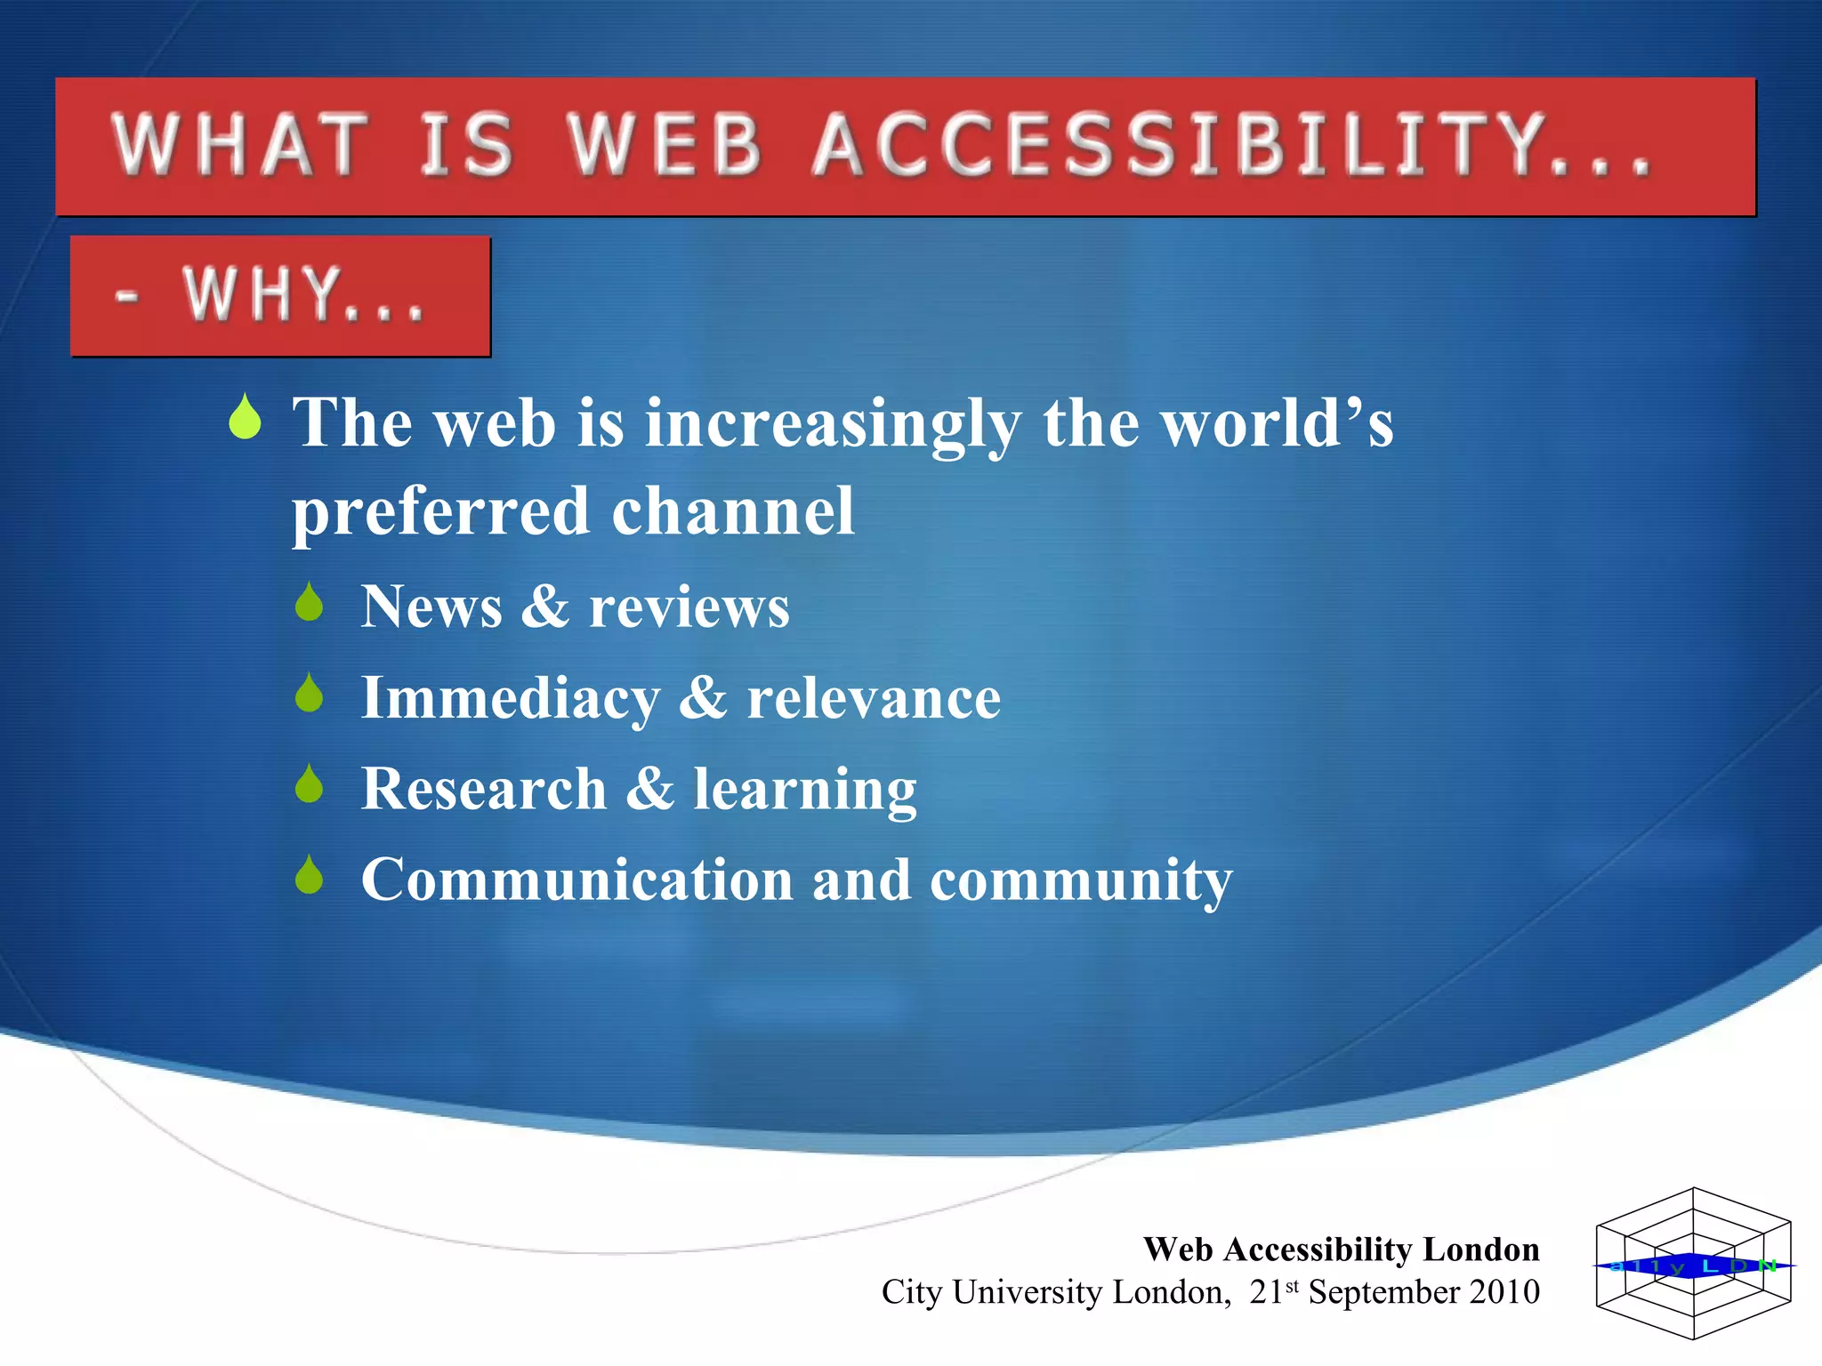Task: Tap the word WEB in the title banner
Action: pyautogui.click(x=665, y=145)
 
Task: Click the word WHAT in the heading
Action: pyautogui.click(x=240, y=145)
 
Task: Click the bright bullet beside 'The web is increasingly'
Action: pyautogui.click(x=245, y=418)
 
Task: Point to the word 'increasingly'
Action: pyautogui.click(x=833, y=425)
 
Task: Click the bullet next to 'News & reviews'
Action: pyautogui.click(x=310, y=603)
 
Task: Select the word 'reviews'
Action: pyautogui.click(x=689, y=608)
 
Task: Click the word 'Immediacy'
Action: pyautogui.click(x=510, y=699)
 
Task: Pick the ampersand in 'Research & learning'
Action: pyautogui.click(x=650, y=789)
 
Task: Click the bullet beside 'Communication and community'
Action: pyautogui.click(x=310, y=875)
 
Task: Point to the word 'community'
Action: pyautogui.click(x=1081, y=882)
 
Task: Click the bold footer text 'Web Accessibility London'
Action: pyautogui.click(x=1341, y=1249)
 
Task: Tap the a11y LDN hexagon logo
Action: pyautogui.click(x=1693, y=1264)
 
